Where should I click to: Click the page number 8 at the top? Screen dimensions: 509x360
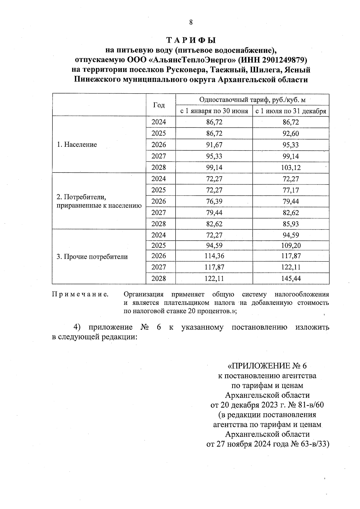click(191, 22)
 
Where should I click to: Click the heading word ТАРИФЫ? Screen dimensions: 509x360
click(191, 40)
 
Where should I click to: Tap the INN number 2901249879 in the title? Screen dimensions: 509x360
click(283, 60)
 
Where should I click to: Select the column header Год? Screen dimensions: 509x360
click(159, 105)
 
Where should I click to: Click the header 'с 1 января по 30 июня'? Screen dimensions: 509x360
click(214, 111)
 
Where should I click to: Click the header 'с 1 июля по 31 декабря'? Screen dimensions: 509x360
click(290, 111)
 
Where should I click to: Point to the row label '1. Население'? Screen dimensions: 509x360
click(77, 145)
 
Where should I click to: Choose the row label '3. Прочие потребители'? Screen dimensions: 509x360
click(92, 257)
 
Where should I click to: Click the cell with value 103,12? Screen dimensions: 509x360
click(291, 168)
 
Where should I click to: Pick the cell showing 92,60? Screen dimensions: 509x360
click(291, 134)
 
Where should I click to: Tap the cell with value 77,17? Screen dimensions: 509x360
click(291, 190)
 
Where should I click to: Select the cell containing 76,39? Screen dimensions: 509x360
click(214, 201)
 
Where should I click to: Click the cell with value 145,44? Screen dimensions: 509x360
click(291, 279)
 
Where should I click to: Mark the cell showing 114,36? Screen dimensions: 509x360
click(214, 256)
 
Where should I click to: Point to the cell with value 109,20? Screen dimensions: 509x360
click(291, 246)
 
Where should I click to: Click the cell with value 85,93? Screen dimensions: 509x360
click(291, 224)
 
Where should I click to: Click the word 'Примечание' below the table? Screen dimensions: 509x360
click(80, 294)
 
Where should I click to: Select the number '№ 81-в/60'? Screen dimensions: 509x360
click(306, 405)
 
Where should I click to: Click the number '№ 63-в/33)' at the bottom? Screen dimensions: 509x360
click(310, 444)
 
